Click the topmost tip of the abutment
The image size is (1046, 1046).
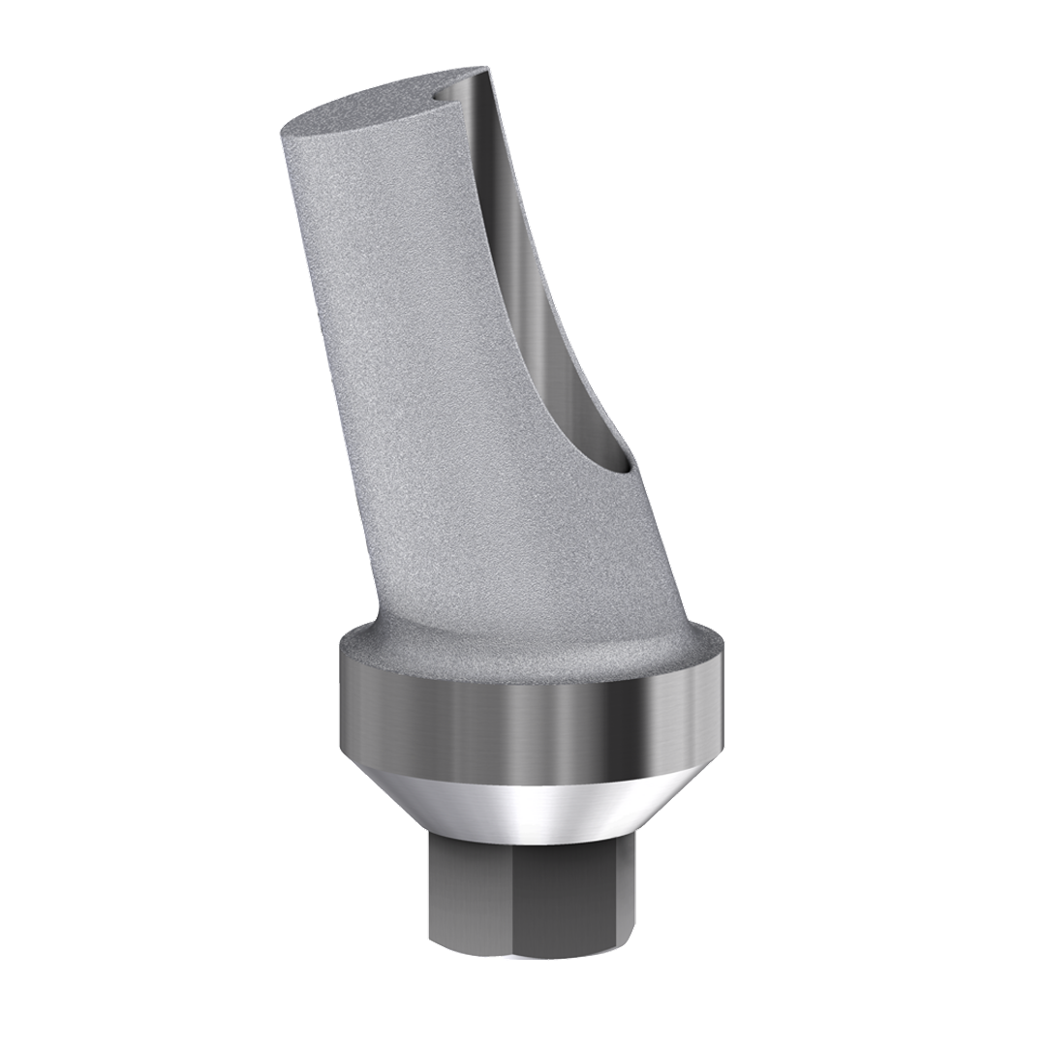(x=484, y=68)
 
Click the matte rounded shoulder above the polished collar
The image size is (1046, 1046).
(x=533, y=649)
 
